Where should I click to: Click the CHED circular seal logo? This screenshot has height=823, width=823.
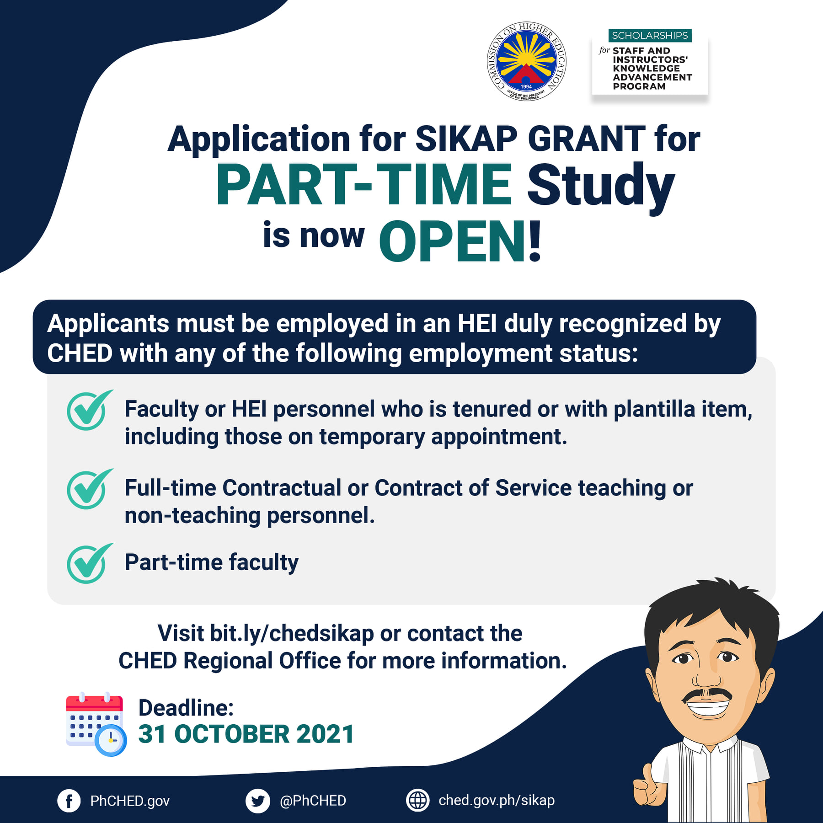[526, 61]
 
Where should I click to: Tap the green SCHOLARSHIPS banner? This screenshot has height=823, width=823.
[650, 35]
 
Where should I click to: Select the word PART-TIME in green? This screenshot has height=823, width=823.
[363, 185]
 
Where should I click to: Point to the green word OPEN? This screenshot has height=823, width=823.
[452, 241]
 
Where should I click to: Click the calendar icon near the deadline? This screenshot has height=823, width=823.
[96, 723]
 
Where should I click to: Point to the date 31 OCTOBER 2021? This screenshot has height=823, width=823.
[246, 734]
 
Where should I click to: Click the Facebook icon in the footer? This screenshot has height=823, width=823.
[69, 801]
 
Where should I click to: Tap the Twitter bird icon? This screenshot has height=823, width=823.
[257, 801]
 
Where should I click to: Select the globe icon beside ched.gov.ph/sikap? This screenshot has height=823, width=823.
[418, 800]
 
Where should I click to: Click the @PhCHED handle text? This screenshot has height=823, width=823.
[313, 801]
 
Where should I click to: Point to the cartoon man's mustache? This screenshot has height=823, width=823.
[707, 695]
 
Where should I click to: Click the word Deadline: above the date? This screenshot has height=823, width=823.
[186, 708]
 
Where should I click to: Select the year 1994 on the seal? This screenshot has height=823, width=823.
[526, 86]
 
